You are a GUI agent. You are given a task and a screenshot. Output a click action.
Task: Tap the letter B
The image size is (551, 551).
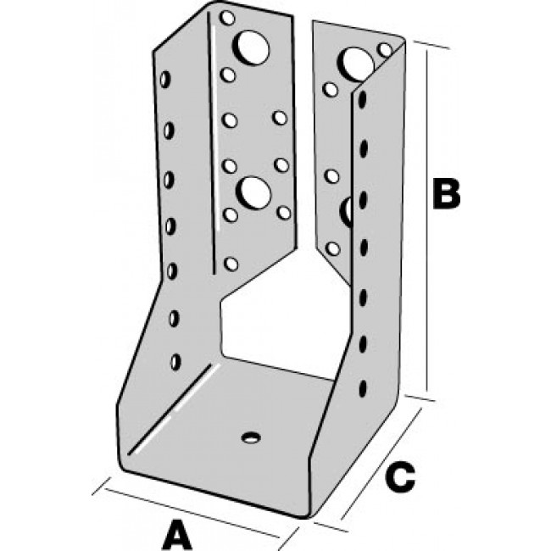click(445, 193)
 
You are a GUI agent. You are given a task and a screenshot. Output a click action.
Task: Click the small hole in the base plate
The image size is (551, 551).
click(250, 437)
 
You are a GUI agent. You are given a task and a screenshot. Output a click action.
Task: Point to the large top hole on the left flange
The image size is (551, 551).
click(252, 47)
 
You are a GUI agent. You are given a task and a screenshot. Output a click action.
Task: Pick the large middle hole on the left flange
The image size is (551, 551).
click(253, 192)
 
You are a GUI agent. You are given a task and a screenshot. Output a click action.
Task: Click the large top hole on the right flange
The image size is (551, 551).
click(357, 60)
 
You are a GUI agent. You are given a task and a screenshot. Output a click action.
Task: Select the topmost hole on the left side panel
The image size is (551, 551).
click(165, 81)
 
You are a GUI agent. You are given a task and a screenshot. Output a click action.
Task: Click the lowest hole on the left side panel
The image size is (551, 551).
click(175, 361)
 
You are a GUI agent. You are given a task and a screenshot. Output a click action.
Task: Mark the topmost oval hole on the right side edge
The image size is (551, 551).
click(364, 99)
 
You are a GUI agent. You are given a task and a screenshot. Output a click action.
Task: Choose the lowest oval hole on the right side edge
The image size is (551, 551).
click(364, 389)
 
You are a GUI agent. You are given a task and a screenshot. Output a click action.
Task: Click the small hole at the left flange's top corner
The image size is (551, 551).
click(226, 17)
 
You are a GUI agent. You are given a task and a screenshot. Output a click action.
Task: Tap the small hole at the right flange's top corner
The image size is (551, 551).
click(386, 50)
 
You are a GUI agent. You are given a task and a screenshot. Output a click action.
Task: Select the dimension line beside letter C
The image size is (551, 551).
click(381, 462)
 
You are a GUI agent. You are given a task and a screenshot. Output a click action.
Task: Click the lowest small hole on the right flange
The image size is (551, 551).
click(332, 248)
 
